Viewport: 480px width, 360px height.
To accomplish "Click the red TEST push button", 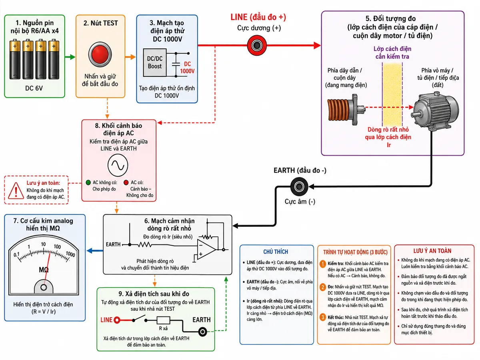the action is [100, 54].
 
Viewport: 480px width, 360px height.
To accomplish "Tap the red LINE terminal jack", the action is [256, 46].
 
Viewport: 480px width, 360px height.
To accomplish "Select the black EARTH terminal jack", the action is [299, 186].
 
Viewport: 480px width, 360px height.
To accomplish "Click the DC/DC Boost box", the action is [155, 62].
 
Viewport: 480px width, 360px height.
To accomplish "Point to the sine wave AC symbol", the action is [118, 165].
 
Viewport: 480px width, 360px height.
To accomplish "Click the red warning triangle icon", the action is [16, 191].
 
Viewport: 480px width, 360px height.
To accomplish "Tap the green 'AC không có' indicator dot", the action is [88, 182].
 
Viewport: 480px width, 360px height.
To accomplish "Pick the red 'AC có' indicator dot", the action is [126, 182].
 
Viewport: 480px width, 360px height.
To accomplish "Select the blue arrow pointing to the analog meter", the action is [95, 251].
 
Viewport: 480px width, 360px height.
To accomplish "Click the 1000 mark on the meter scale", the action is [70, 254].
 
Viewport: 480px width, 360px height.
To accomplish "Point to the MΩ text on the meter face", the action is [44, 270].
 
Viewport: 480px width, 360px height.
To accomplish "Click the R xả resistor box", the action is [163, 320].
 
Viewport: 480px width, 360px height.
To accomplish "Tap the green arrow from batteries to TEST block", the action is [70, 57].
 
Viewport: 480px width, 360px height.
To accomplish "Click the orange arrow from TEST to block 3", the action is [130, 57].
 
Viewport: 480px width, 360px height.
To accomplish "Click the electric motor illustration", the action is [435, 112].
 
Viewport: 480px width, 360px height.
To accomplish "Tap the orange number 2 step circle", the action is [323, 287].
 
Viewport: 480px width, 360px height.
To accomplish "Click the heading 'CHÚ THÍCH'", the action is [276, 252].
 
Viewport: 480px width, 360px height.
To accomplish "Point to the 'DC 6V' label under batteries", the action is [34, 88].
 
